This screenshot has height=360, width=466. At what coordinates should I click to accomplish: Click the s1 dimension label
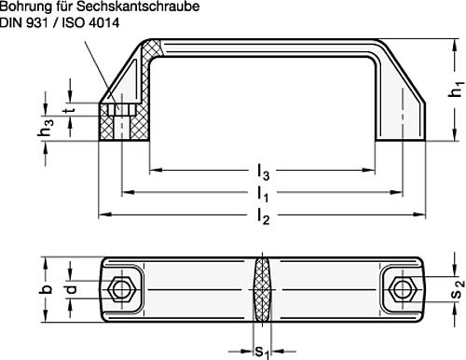[x=263, y=351]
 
